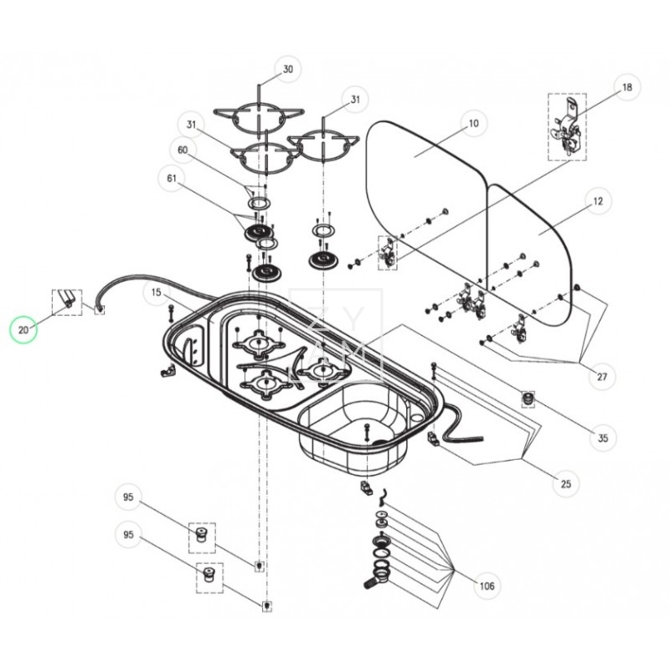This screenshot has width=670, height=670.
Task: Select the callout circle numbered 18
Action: point(626,86)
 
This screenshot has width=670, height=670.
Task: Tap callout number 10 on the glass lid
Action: point(473,123)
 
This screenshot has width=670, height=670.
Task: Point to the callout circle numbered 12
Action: point(598,202)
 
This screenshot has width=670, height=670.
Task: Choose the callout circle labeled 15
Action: point(157,292)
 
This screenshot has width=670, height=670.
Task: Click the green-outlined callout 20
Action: point(24,330)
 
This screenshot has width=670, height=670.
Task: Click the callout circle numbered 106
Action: point(487,585)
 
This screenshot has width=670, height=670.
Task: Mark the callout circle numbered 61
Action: point(173,178)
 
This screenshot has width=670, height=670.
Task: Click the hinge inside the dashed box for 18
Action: point(566,128)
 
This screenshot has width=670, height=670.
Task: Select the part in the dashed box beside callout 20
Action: point(67,300)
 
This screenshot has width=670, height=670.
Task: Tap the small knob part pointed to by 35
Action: point(528,397)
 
